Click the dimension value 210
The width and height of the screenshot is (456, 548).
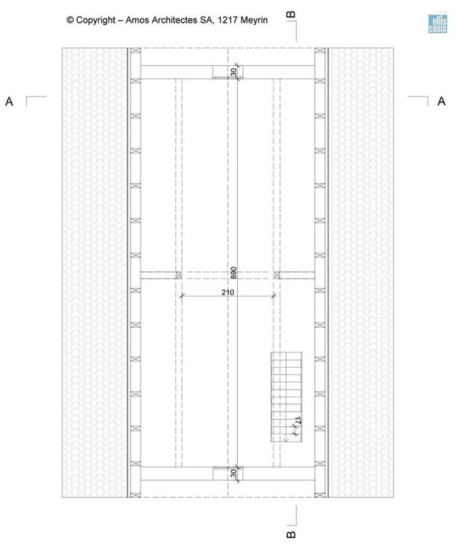point(227,292)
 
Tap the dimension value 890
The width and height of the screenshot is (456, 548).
point(233,272)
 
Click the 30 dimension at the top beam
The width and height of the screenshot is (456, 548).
point(233,72)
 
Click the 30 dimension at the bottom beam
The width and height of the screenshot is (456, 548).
point(233,473)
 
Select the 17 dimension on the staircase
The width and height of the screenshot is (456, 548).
point(298,421)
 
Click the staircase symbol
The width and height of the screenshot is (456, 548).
point(286,397)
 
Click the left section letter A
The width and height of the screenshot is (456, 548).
point(9,102)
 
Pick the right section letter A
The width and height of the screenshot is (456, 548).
point(441,101)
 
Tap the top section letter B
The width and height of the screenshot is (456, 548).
point(290,14)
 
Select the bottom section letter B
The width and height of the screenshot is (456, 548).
point(290,535)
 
